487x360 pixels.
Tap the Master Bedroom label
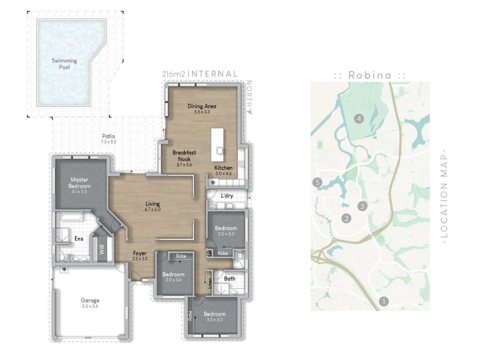tap(78, 183)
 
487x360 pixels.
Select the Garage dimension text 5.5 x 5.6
tap(90, 306)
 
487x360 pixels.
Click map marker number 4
tap(359, 118)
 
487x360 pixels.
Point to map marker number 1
tap(383, 301)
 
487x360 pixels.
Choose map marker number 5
tap(318, 183)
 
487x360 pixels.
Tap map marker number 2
tap(347, 218)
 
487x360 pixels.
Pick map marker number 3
tap(363, 206)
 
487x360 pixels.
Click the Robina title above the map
tap(370, 75)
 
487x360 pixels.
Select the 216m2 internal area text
tap(199, 74)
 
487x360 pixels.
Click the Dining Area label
tap(202, 106)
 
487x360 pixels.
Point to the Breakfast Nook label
tap(184, 156)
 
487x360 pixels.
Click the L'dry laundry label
tap(227, 196)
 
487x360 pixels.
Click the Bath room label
tap(230, 278)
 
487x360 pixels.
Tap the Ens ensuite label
tap(78, 238)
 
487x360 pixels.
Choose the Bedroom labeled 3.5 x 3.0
tap(214, 314)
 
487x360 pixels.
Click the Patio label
tap(108, 136)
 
